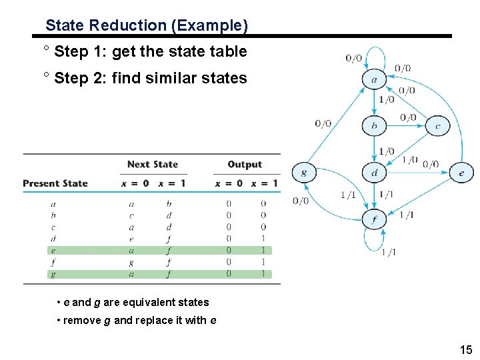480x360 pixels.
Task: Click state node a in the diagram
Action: (x=373, y=79)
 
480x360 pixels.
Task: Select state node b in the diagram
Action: (x=374, y=125)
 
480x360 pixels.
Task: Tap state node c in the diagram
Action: (x=437, y=125)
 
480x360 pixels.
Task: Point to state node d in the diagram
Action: (x=374, y=172)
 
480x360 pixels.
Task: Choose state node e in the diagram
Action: (x=461, y=172)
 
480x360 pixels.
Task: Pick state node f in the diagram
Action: (x=374, y=218)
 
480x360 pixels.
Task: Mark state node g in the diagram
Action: (x=304, y=172)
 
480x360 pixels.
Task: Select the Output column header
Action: (x=245, y=164)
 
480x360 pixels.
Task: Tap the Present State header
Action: (x=55, y=183)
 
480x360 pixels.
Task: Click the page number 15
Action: (x=465, y=349)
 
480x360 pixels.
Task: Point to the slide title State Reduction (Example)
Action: (x=147, y=26)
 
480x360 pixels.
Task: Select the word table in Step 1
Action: (x=228, y=51)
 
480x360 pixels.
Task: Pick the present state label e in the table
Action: (x=53, y=250)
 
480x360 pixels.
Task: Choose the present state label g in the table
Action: (x=53, y=273)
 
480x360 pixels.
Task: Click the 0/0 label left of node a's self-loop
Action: (x=354, y=59)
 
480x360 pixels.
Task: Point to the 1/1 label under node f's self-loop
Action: (x=388, y=251)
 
